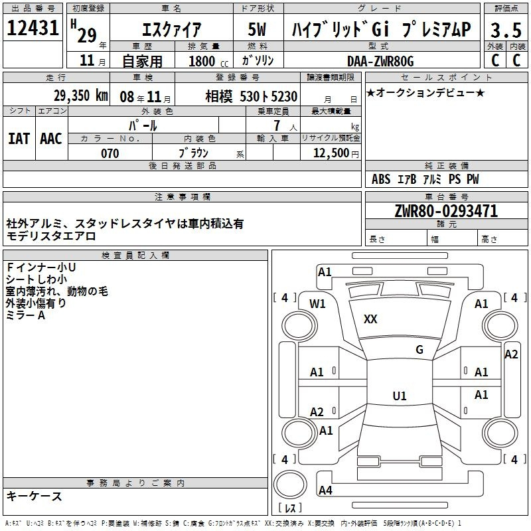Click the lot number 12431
[x=33, y=28]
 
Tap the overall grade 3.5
[x=506, y=30]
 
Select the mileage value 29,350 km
[x=81, y=96]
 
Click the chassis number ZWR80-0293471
[x=446, y=211]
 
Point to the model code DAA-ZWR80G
[x=380, y=61]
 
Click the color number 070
[x=110, y=153]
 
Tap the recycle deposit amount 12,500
[x=331, y=153]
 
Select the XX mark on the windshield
[x=370, y=319]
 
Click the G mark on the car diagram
[x=419, y=350]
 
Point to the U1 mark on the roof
[x=400, y=396]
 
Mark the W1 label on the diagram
[x=317, y=304]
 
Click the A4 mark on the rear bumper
[x=325, y=490]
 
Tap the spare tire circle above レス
[x=290, y=485]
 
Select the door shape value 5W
[x=257, y=29]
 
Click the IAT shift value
[x=19, y=139]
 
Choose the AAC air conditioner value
[x=51, y=139]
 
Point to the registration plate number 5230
[x=284, y=96]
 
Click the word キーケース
[x=35, y=496]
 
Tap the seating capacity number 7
[x=277, y=125]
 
